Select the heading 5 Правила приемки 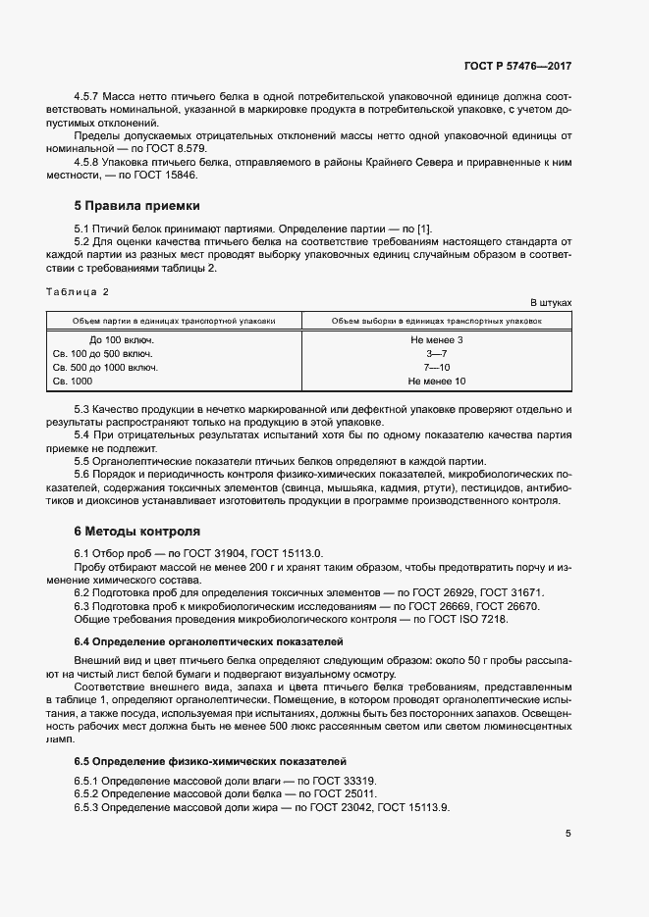(137, 206)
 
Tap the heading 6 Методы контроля (137, 531)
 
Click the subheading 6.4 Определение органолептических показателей (208, 640)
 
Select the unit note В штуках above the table (551, 303)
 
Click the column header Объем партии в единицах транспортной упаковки (174, 321)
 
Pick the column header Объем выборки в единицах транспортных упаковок (436, 321)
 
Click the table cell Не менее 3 (436, 339)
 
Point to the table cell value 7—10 (436, 367)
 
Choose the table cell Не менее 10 (436, 381)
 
